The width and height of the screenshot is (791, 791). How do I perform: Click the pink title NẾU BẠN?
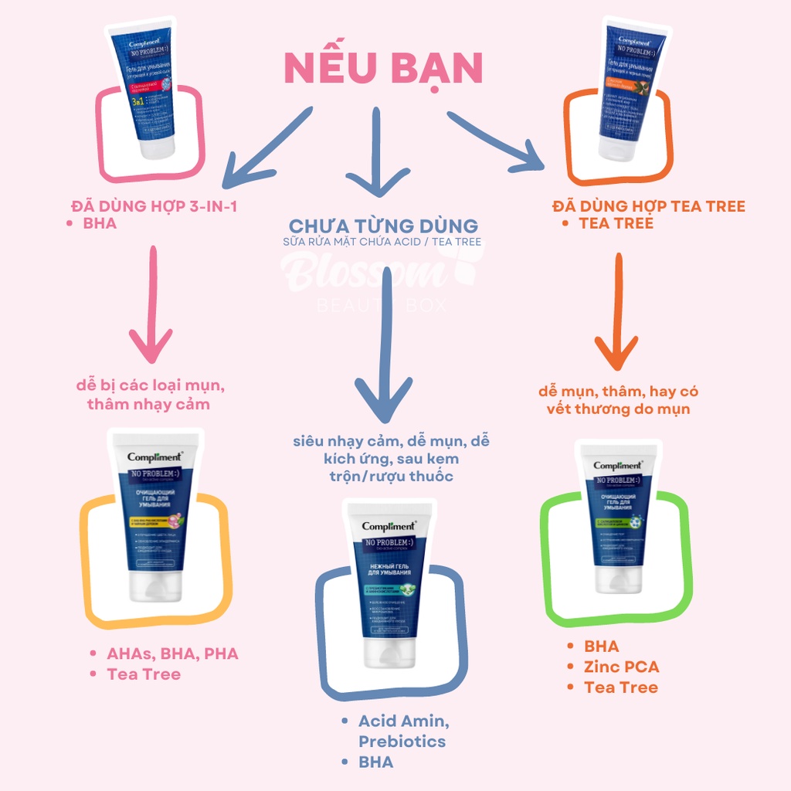[x=383, y=70]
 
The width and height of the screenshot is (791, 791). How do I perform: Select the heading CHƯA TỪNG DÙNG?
[x=383, y=226]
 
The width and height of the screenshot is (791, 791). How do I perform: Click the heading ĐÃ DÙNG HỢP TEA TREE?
[x=649, y=206]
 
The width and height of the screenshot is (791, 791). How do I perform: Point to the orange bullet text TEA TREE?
[x=616, y=223]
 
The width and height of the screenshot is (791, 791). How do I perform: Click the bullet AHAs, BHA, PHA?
[x=172, y=654]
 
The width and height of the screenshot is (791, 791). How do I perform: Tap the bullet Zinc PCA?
[x=622, y=667]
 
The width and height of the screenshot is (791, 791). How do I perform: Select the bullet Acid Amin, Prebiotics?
[x=402, y=731]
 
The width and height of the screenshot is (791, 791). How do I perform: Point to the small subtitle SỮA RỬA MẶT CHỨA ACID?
[x=383, y=243]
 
